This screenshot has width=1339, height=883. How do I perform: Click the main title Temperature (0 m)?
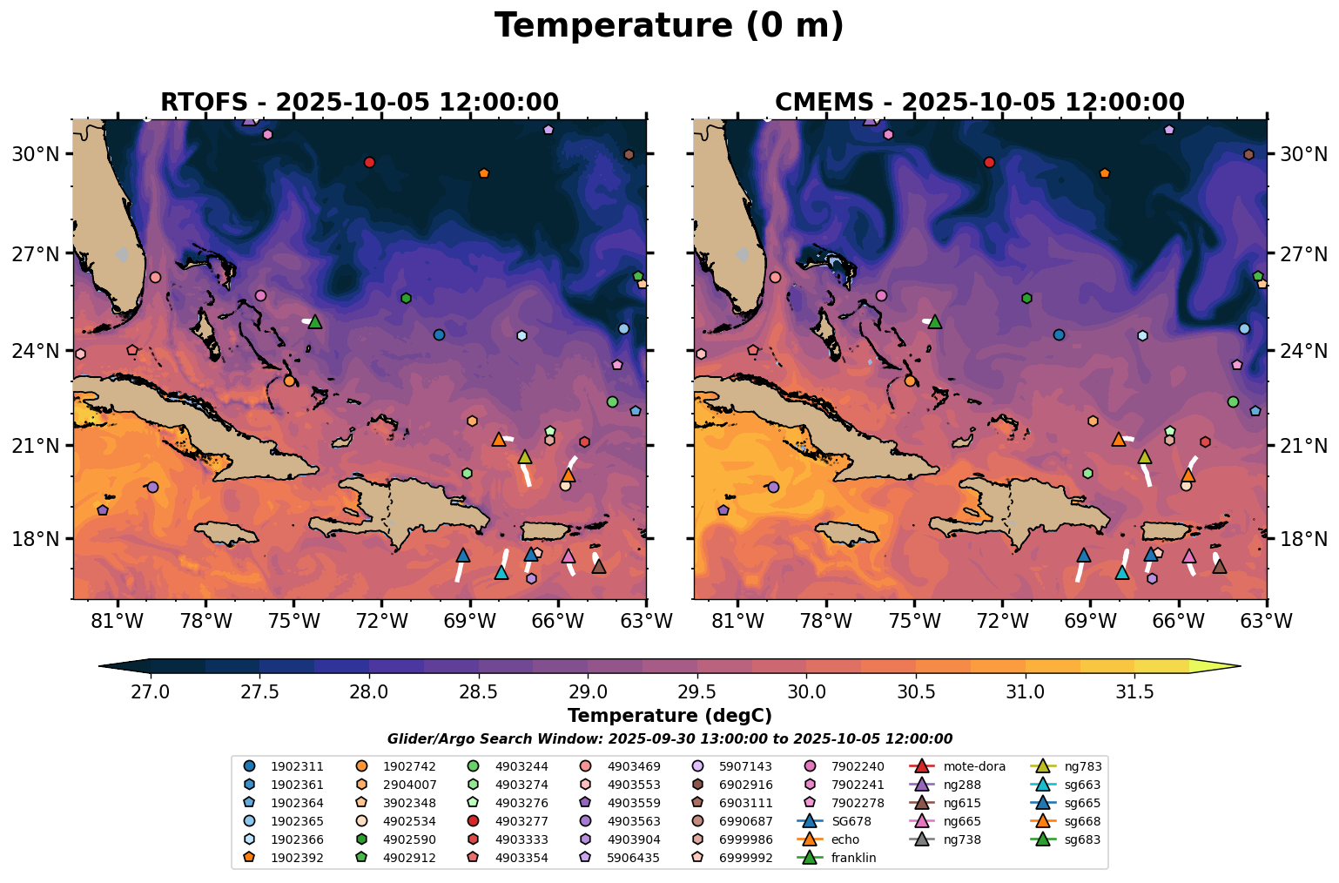click(669, 26)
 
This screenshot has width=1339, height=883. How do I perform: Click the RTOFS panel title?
click(359, 102)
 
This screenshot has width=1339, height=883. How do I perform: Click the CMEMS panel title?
click(979, 102)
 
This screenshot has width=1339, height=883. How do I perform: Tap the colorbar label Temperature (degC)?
click(669, 716)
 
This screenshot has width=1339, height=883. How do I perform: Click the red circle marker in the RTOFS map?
click(369, 162)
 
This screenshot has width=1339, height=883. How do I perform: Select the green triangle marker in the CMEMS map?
click(935, 321)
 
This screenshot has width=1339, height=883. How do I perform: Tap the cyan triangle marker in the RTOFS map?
click(501, 572)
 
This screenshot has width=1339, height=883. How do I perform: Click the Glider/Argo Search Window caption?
click(669, 739)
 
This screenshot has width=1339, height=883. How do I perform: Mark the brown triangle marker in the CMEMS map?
click(1220, 566)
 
